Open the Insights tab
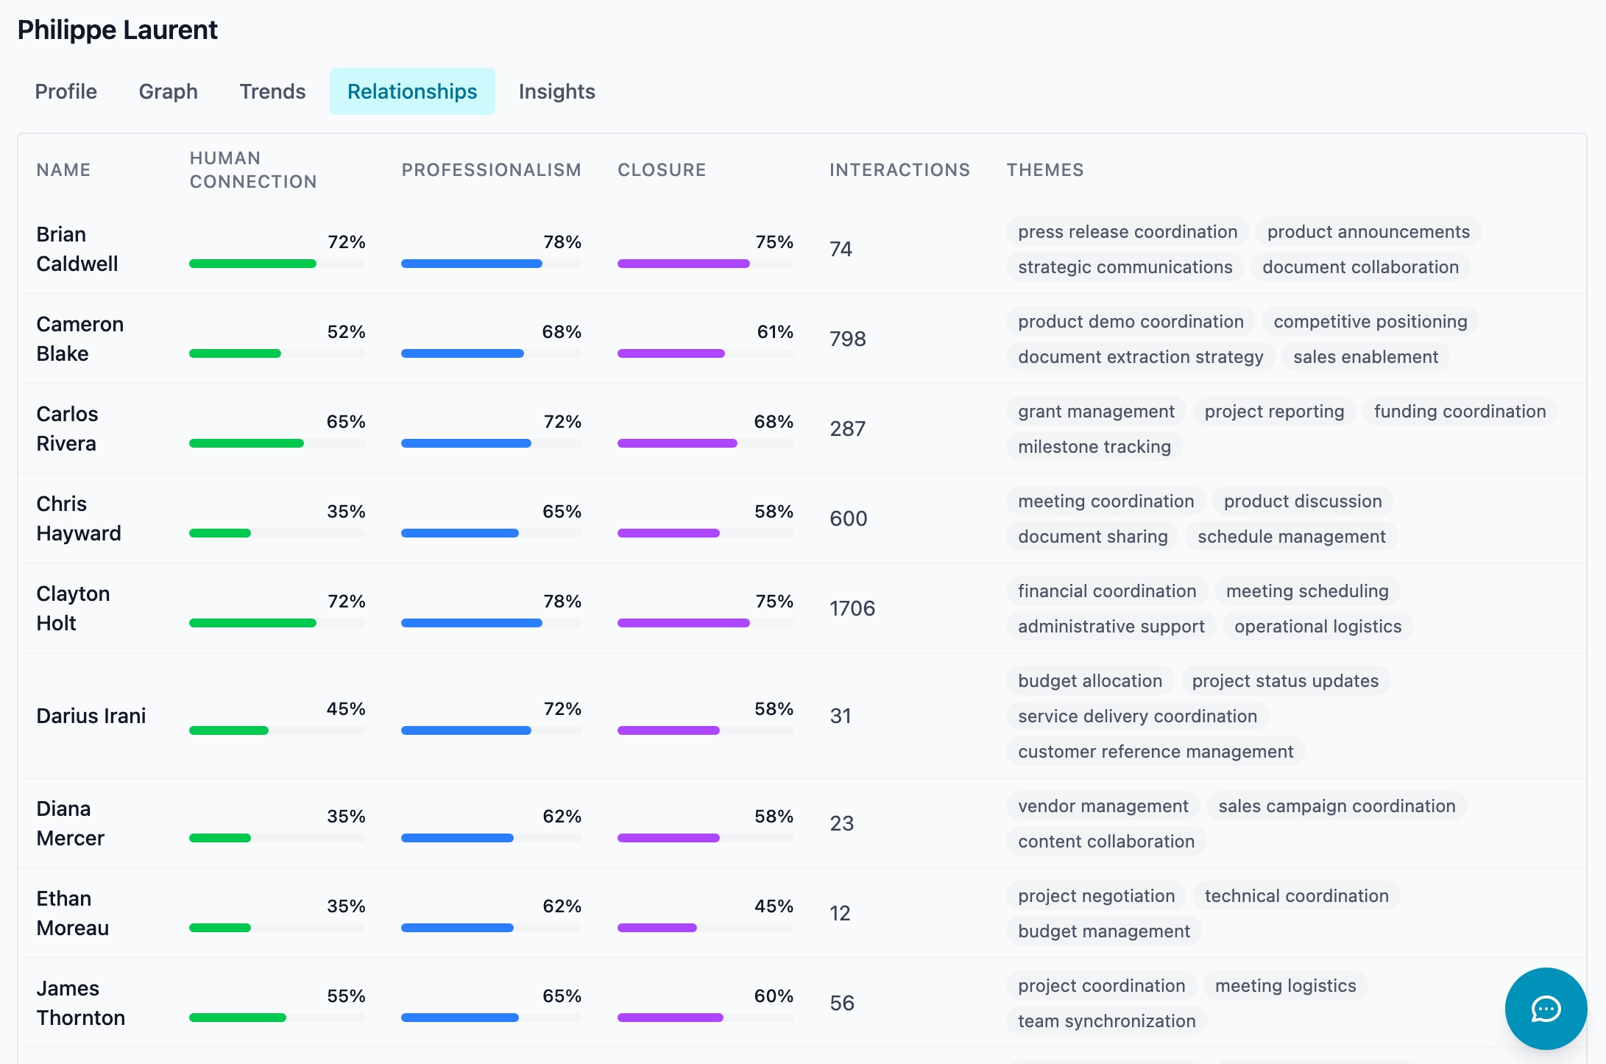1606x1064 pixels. pos(556,91)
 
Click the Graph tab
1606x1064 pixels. pos(168,91)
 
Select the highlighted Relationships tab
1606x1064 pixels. pos(411,91)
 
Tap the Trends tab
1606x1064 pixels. pos(272,91)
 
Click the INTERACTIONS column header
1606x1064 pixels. pos(899,170)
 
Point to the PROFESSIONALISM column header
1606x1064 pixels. pos(491,170)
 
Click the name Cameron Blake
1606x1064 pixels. pos(79,339)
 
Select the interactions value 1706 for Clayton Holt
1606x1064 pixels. pos(852,608)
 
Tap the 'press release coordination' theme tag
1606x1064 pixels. pos(1127,232)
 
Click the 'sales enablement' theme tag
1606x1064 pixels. pos(1365,357)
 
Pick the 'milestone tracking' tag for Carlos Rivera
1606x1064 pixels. pos(1094,447)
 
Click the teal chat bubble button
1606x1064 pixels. pos(1545,1008)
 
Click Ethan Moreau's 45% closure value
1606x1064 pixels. pos(773,906)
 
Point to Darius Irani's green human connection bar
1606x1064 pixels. pos(229,730)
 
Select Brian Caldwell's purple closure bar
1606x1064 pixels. pos(683,264)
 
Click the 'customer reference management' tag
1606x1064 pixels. pos(1155,752)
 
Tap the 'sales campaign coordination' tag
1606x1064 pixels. pos(1336,806)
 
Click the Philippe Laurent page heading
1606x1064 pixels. pos(118,30)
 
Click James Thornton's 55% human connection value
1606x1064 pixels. pos(346,996)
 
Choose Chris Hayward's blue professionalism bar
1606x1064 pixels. pos(459,533)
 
